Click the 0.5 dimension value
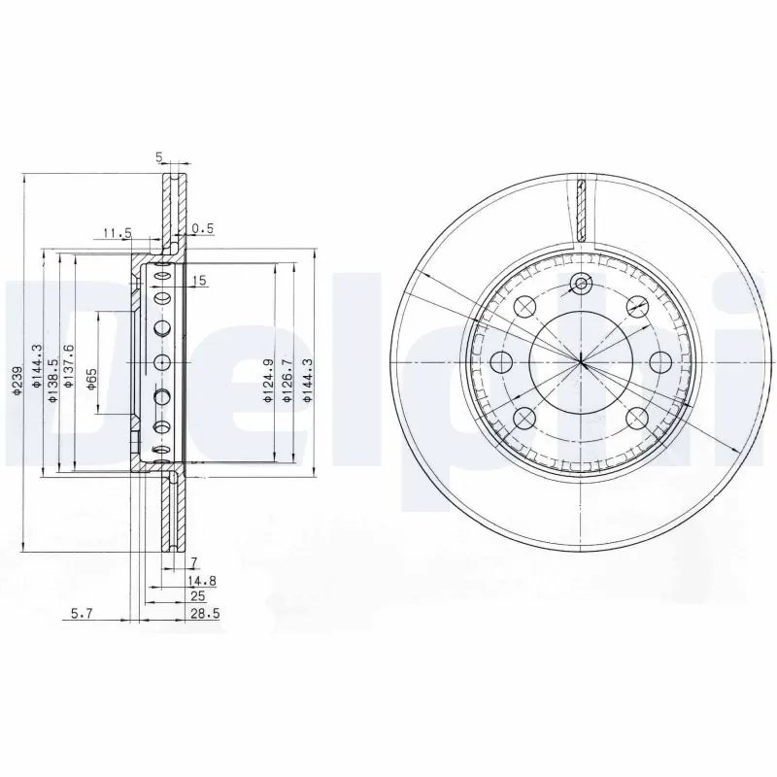tap(202, 229)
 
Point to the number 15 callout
tap(200, 281)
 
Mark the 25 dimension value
tap(197, 596)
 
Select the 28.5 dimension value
tap(198, 614)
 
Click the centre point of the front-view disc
tap(581, 362)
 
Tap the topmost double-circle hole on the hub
tap(581, 284)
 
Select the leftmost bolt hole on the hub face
tap(501, 363)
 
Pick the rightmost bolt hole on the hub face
tap(660, 362)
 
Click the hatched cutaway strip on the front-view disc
tap(580, 209)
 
